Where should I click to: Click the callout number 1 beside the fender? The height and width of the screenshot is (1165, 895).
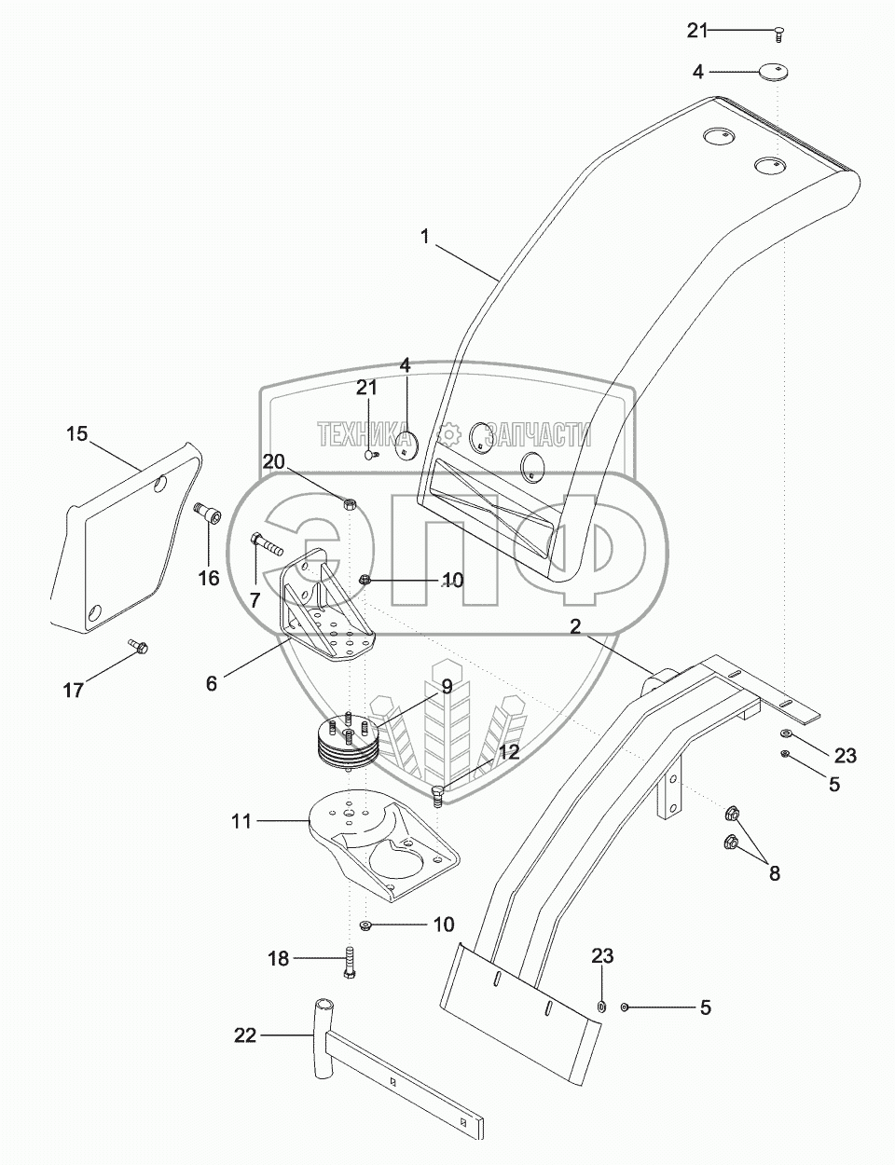coord(425,236)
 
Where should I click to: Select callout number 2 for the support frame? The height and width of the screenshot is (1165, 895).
coord(575,626)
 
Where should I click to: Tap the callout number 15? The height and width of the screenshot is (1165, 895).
coord(77,433)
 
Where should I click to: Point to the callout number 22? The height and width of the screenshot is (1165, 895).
coord(245,1035)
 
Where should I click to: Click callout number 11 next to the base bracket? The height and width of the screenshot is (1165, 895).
coord(241,836)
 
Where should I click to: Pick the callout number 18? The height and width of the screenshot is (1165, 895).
coord(279,958)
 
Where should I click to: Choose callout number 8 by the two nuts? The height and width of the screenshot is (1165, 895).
coord(775,873)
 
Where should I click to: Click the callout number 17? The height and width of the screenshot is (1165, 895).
coord(74,690)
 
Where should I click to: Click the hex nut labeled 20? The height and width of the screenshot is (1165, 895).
coord(350,503)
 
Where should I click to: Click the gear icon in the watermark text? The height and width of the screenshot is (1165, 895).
coord(449,433)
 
